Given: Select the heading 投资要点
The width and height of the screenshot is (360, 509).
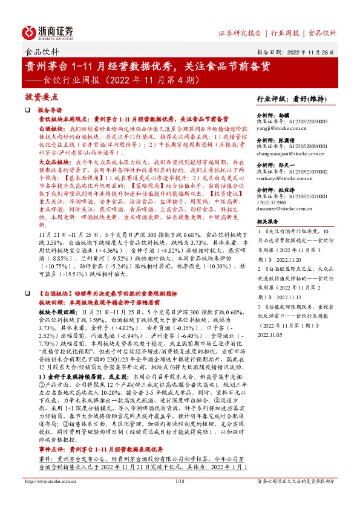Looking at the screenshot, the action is tap(41, 97).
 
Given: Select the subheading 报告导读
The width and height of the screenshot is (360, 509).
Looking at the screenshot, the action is tap(50, 111).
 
